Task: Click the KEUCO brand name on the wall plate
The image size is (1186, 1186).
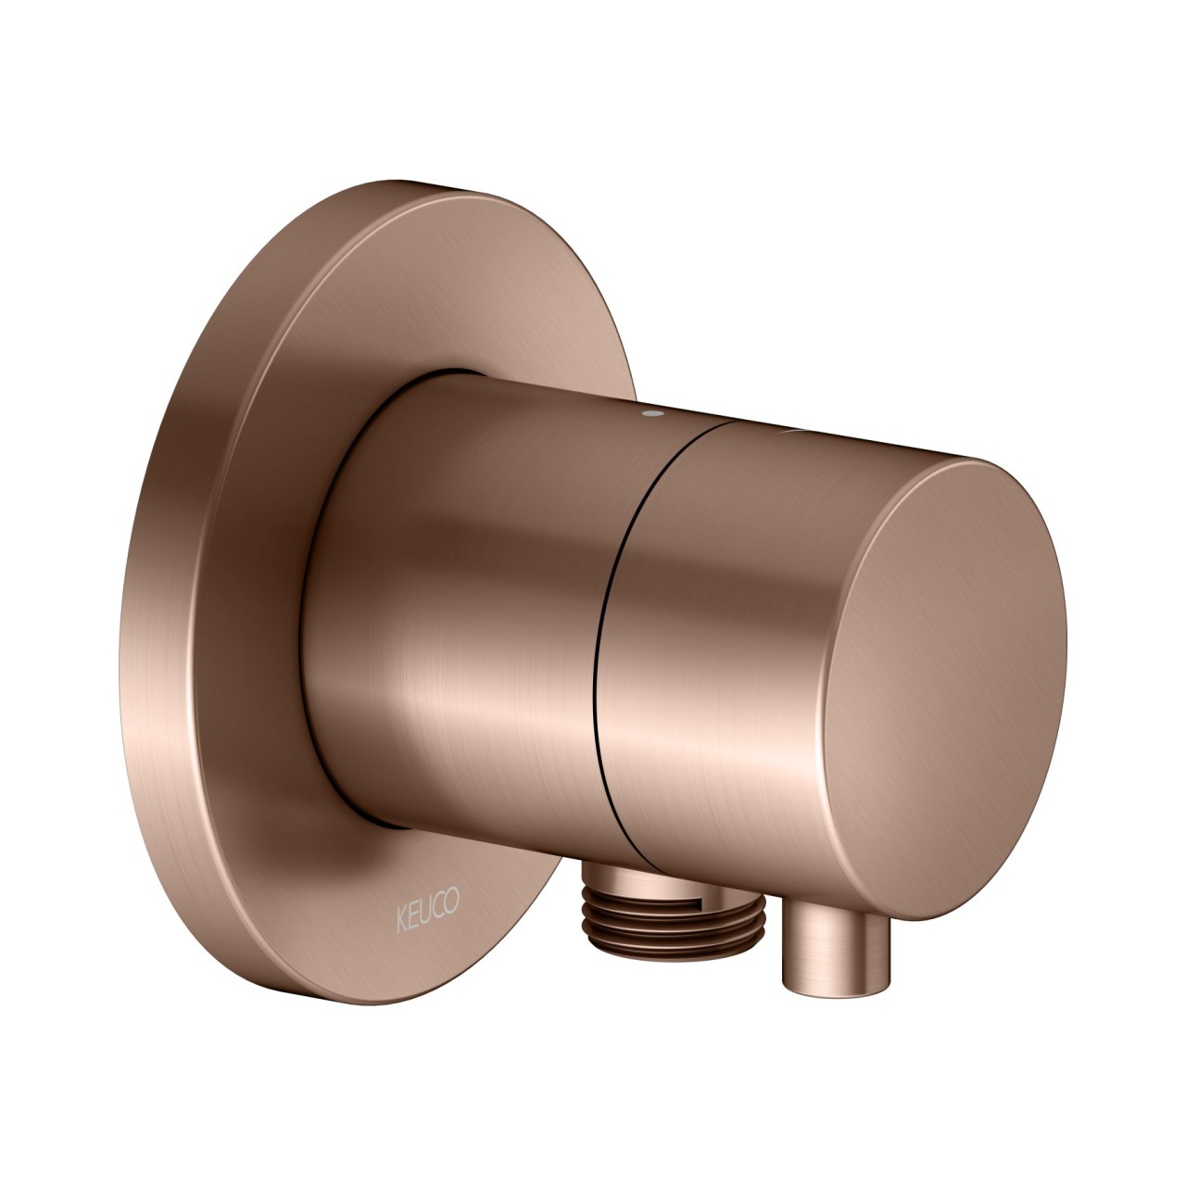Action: tap(428, 902)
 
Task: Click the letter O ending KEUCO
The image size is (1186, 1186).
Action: tap(453, 897)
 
